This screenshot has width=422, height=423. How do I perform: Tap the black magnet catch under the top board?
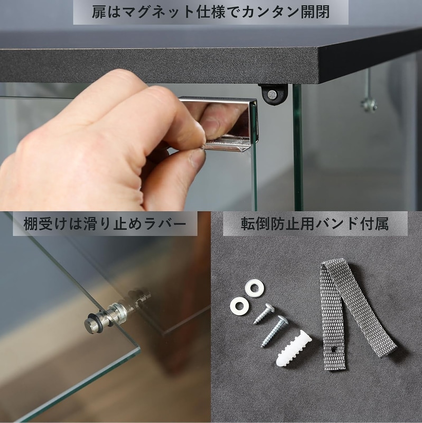click(x=273, y=95)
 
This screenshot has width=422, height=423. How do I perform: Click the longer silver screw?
click(x=274, y=332)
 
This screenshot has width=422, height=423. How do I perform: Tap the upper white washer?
click(x=255, y=288)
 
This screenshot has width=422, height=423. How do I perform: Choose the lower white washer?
click(x=239, y=306)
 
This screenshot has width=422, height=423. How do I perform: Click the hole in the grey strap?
click(x=334, y=350)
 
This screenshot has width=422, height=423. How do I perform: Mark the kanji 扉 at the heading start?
click(x=99, y=12)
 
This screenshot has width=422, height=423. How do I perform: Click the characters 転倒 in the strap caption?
click(x=255, y=224)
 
